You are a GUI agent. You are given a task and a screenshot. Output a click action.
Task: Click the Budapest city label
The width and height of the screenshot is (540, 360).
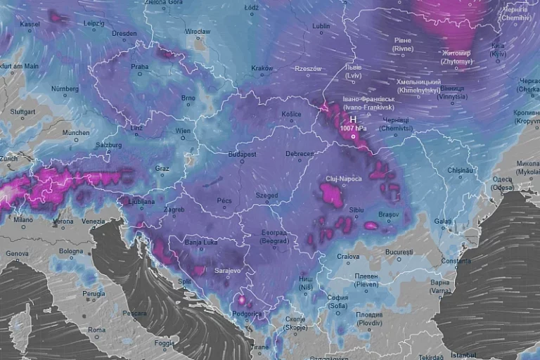pyautogui.click(x=242, y=154)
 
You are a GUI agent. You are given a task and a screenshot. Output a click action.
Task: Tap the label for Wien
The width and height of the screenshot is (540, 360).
pyautogui.click(x=183, y=131)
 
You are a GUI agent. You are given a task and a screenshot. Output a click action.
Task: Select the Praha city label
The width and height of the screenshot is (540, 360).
pyautogui.click(x=139, y=67)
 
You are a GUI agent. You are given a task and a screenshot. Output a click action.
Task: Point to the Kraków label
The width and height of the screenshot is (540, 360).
pyautogui.click(x=262, y=68)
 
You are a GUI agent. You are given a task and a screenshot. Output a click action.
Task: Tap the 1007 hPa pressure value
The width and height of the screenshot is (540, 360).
pyautogui.click(x=353, y=129)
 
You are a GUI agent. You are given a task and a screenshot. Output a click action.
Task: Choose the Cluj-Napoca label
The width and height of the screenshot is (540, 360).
pyautogui.click(x=343, y=179)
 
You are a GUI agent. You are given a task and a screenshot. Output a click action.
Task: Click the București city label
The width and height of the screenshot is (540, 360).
pyautogui.click(x=399, y=251)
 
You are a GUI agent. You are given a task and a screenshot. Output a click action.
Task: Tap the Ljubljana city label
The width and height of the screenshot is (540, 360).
pyautogui.click(x=141, y=201)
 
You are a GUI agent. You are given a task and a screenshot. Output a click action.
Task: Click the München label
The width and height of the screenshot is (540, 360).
pyautogui.click(x=76, y=132)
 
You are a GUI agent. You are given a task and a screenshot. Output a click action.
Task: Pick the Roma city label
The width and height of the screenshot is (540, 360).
pyautogui.click(x=96, y=329)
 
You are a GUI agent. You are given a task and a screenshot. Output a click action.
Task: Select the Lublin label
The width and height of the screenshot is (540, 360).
pyautogui.click(x=320, y=26)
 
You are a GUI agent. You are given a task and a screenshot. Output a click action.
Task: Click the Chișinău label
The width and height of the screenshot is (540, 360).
pyautogui.click(x=462, y=170)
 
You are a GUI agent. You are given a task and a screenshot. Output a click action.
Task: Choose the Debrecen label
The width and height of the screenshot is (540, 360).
pyautogui.click(x=300, y=154)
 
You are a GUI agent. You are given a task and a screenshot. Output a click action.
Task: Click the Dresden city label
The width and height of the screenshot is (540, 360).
pyautogui.click(x=124, y=33)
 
